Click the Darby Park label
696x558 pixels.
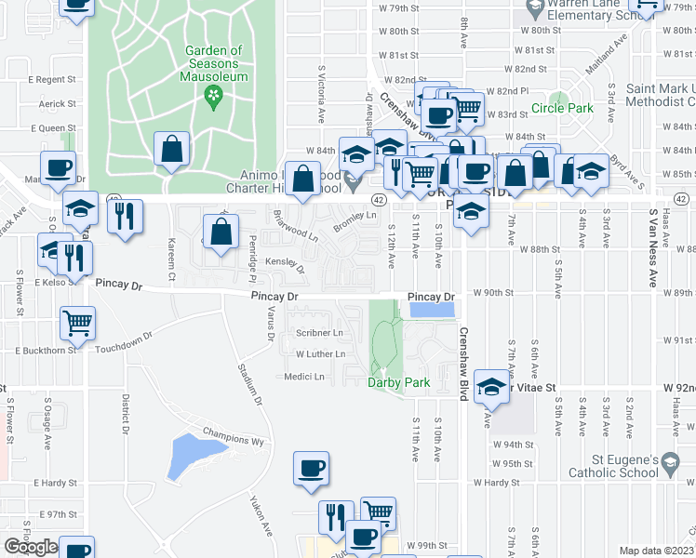pyautogui.click(x=398, y=382)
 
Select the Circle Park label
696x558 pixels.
pyautogui.click(x=562, y=109)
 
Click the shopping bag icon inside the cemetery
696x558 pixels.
pyautogui.click(x=172, y=149)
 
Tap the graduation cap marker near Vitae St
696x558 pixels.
pyautogui.click(x=491, y=386)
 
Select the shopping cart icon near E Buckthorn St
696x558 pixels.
pyautogui.click(x=78, y=323)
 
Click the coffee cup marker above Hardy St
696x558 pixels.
pyautogui.click(x=311, y=469)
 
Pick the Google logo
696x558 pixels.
pyautogui.click(x=31, y=547)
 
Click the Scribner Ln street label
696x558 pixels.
pyautogui.click(x=319, y=332)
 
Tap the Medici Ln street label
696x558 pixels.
pyautogui.click(x=304, y=377)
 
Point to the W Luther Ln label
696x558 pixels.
pyautogui.click(x=320, y=354)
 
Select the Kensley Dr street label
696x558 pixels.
pyautogui.click(x=287, y=264)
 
